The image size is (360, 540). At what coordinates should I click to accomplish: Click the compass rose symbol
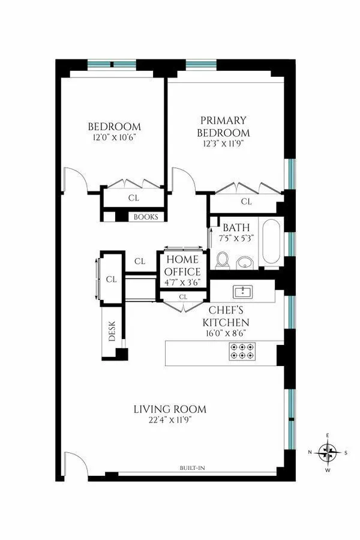click(328, 452)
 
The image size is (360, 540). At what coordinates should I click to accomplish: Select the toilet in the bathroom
click(223, 260)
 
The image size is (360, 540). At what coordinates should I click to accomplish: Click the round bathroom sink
click(245, 263)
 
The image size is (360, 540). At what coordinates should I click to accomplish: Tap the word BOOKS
click(146, 217)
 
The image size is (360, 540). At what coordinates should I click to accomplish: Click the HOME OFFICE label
click(183, 266)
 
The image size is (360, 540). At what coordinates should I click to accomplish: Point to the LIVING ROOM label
click(170, 410)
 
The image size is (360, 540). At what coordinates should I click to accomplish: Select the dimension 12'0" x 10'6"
click(114, 137)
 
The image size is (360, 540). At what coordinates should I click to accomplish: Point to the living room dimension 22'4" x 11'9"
click(170, 421)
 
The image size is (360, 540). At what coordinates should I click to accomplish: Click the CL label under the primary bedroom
click(246, 202)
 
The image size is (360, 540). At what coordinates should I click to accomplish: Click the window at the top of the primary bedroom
click(196, 64)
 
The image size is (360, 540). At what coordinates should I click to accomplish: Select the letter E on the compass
click(328, 436)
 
